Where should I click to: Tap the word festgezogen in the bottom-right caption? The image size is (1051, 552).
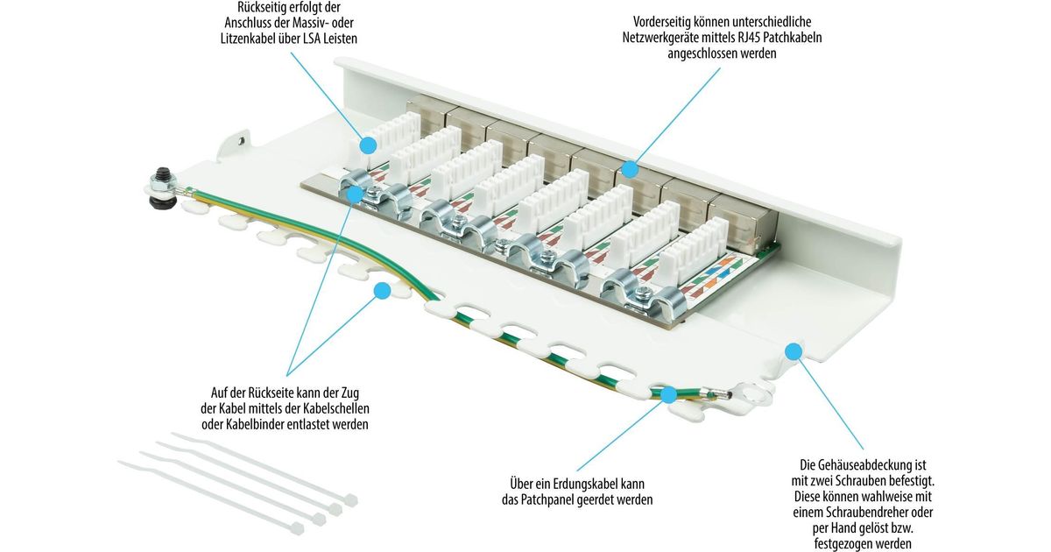[x=856, y=543]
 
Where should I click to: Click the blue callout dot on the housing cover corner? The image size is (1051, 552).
[x=794, y=352]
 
